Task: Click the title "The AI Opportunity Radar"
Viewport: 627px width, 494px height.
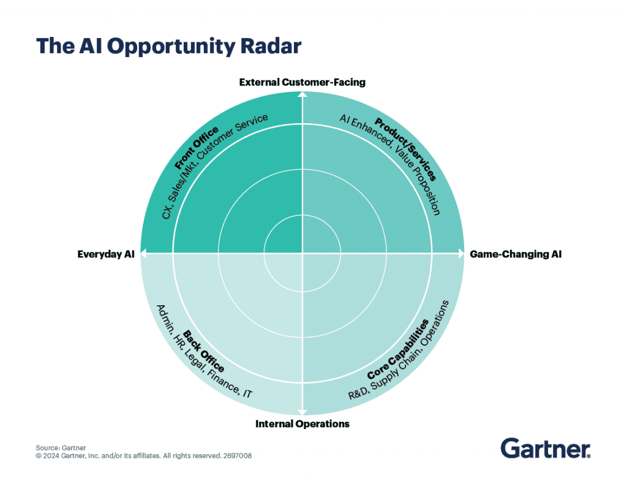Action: click(x=168, y=47)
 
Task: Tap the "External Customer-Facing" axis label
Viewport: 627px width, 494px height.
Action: click(x=302, y=82)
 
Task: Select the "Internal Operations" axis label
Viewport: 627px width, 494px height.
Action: click(x=302, y=424)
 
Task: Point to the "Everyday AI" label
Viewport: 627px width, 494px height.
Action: click(x=106, y=254)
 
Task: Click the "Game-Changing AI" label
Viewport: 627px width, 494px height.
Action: click(x=516, y=254)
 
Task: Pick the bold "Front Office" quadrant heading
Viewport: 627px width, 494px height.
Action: click(x=197, y=148)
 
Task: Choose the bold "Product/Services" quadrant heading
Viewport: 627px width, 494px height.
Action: click(x=405, y=149)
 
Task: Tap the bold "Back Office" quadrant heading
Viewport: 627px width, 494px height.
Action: click(x=203, y=351)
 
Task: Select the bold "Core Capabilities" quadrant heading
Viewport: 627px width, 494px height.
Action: click(x=398, y=349)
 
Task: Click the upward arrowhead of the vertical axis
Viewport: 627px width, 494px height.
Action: click(x=302, y=94)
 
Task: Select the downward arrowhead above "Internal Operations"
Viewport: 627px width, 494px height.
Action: click(x=302, y=412)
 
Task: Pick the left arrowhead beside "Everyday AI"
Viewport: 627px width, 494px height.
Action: click(x=143, y=253)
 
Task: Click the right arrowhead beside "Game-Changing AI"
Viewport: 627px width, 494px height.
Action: click(x=461, y=253)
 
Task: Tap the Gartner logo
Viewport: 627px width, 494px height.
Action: click(x=546, y=449)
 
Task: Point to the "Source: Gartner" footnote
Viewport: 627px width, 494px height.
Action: click(x=61, y=447)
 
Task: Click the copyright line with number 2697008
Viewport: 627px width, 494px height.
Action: click(x=143, y=455)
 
